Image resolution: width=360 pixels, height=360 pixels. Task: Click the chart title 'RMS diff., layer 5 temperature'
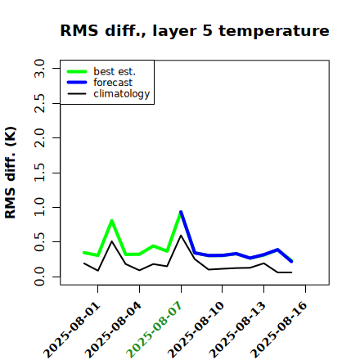(x=195, y=30)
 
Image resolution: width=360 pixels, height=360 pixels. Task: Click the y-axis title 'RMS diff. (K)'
(x=11, y=173)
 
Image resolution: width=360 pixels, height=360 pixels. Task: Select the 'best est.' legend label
(x=115, y=71)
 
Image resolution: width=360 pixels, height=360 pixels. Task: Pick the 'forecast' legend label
(x=113, y=83)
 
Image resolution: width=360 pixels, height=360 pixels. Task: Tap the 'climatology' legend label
(x=122, y=94)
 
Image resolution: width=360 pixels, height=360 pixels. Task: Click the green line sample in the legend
(x=77, y=71)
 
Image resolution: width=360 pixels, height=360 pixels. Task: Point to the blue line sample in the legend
(x=77, y=83)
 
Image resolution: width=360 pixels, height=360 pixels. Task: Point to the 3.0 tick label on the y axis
(x=39, y=68)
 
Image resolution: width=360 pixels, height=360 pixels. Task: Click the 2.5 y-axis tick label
(x=39, y=103)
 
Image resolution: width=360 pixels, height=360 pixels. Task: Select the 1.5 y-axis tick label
(x=39, y=173)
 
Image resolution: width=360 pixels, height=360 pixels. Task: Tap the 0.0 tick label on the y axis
(x=39, y=277)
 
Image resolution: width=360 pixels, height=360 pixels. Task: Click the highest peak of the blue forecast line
(x=181, y=212)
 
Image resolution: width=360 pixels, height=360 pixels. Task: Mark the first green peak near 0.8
(x=111, y=220)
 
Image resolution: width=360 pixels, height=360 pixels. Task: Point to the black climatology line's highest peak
(x=181, y=236)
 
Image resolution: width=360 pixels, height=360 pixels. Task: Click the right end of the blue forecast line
(x=291, y=262)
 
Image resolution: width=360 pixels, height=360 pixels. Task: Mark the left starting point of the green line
(x=83, y=253)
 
